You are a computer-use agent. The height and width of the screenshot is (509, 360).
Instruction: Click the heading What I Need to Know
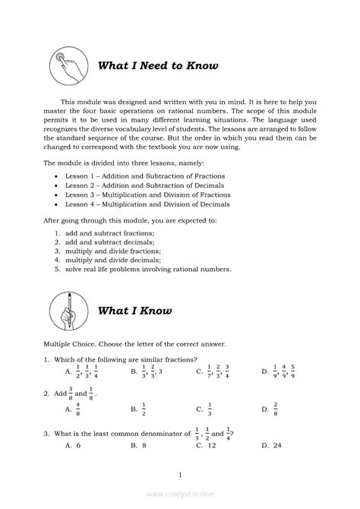158,66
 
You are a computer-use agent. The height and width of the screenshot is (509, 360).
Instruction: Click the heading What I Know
135,310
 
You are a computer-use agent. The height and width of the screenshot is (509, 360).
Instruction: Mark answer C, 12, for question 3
206,445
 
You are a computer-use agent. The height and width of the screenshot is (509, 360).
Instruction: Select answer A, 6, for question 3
73,445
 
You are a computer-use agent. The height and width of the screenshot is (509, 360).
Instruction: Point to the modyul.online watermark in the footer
180,493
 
